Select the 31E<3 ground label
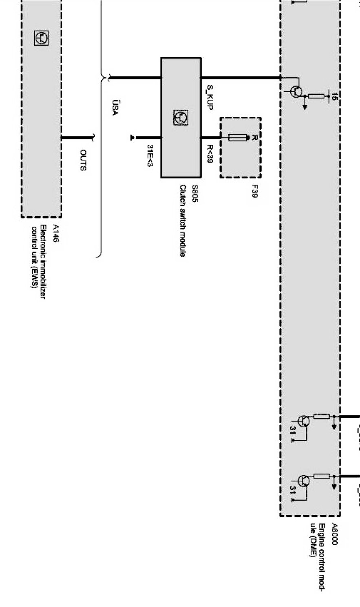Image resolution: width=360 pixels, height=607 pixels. [x=150, y=155]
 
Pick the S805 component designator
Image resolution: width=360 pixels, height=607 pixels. [x=195, y=194]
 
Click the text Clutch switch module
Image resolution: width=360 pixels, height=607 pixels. [x=183, y=221]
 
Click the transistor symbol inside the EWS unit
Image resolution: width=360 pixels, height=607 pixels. [x=41, y=38]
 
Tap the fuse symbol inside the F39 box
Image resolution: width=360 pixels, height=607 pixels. [x=238, y=138]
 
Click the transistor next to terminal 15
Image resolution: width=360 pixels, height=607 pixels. [x=297, y=92]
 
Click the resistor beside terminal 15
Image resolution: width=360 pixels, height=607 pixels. [x=316, y=97]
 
